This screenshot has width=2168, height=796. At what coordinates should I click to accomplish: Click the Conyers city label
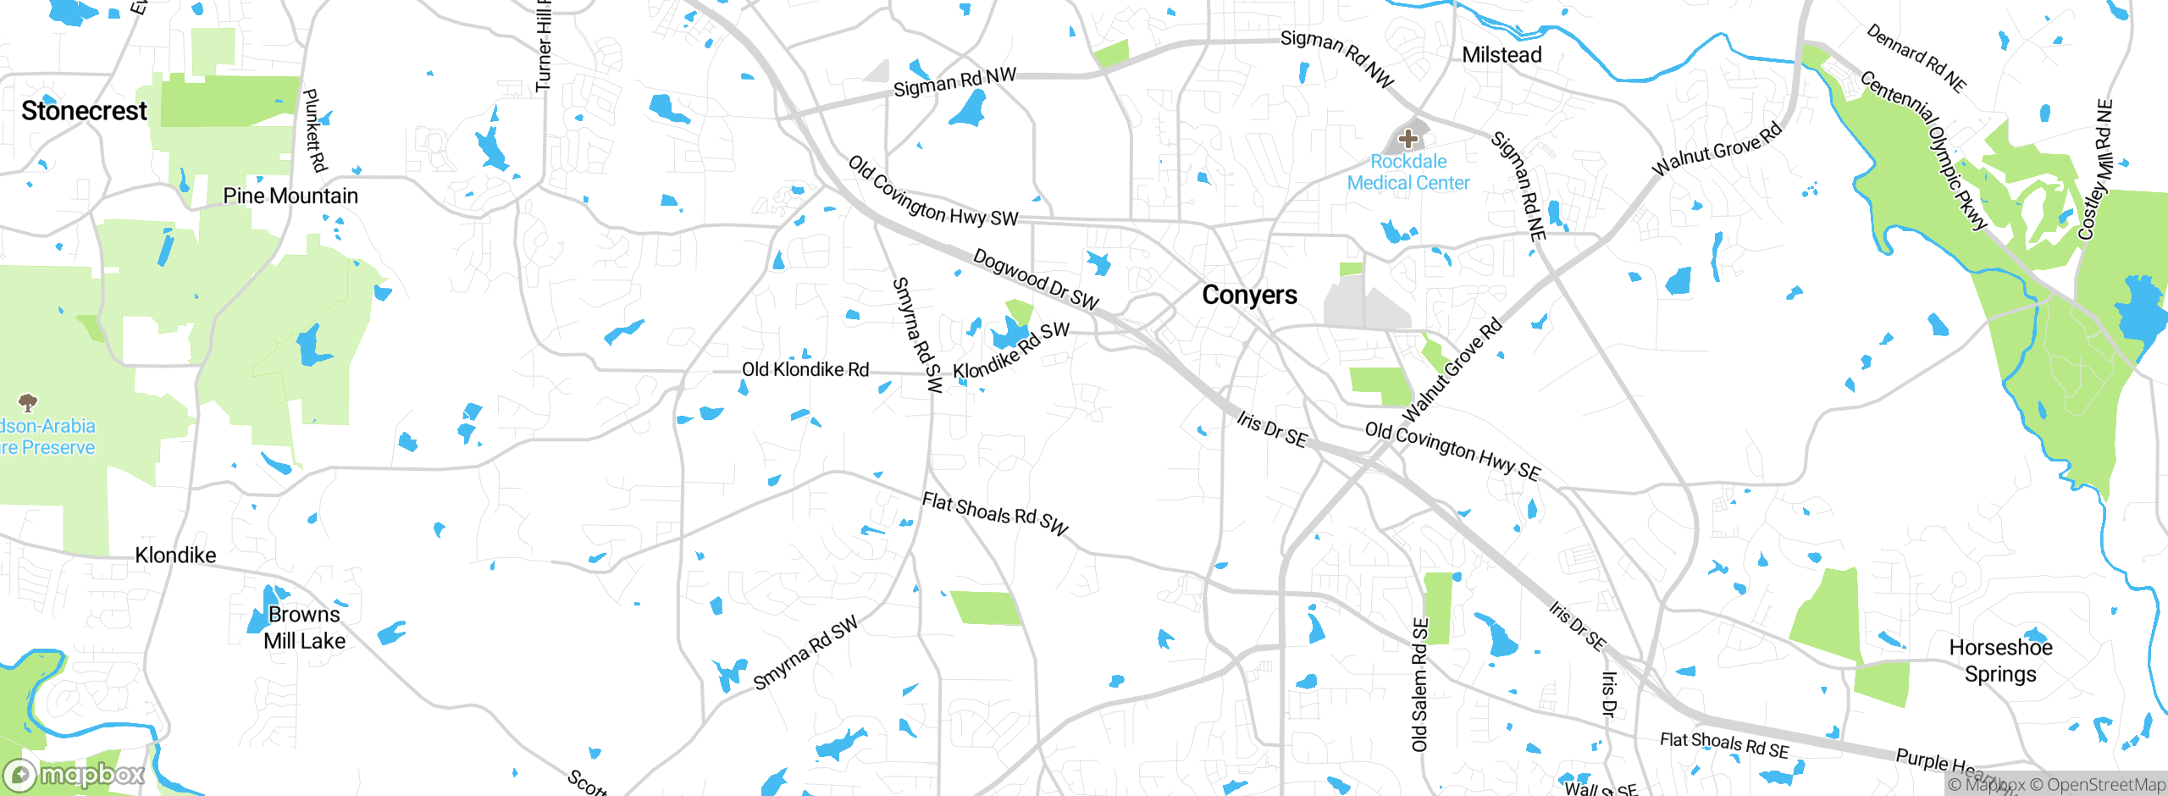(x=1249, y=295)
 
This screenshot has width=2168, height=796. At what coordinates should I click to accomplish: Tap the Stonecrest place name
(x=84, y=111)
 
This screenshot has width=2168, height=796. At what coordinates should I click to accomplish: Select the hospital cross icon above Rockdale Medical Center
(x=1408, y=138)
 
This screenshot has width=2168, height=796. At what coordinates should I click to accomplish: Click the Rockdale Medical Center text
(x=1408, y=172)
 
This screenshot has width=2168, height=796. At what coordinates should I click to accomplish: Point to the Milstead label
(x=1502, y=55)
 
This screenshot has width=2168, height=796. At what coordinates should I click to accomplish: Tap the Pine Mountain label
(x=290, y=196)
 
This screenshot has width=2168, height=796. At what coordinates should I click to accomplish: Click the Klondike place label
(x=175, y=556)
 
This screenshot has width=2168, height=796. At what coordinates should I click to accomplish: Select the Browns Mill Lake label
(x=304, y=627)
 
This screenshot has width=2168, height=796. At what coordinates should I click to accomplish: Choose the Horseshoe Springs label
(x=2000, y=661)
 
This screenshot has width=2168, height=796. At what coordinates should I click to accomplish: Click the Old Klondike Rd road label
(x=805, y=369)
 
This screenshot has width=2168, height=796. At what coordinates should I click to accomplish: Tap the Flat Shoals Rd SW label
(x=995, y=513)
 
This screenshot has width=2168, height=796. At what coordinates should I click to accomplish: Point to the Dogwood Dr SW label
(x=1035, y=279)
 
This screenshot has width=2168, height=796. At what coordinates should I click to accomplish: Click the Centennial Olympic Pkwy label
(x=1923, y=151)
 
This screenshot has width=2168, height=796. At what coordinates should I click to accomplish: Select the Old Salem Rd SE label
(x=1420, y=684)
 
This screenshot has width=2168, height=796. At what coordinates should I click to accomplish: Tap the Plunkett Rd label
(x=314, y=130)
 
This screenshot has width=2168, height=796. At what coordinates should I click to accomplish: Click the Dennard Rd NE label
(x=1916, y=58)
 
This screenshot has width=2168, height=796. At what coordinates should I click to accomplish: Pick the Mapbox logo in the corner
(x=75, y=774)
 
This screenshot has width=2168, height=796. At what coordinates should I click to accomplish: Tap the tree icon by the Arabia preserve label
(x=28, y=401)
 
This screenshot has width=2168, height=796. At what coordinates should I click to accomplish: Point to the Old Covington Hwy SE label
(x=1452, y=451)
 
